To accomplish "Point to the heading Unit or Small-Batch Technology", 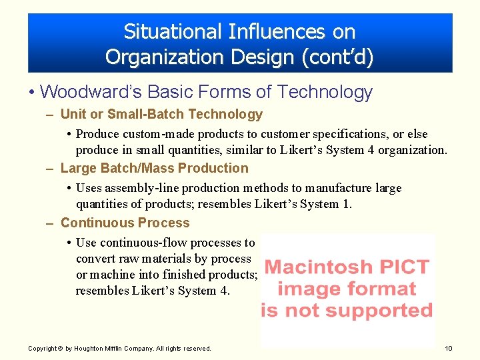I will pos(161,114).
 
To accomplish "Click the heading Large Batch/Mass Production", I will pos(154,168).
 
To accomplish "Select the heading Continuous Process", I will pos(125,223).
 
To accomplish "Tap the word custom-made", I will pos(150,134).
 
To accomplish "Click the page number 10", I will pos(449,348).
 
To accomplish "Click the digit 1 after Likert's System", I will pos(346,204).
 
